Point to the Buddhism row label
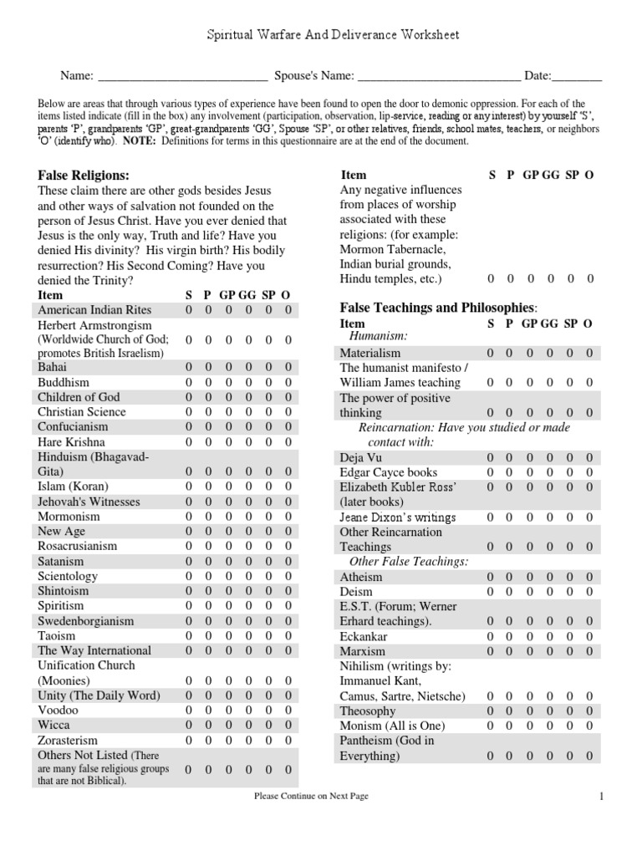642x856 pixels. [x=64, y=382]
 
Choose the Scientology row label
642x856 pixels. [x=68, y=576]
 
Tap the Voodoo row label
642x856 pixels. [x=55, y=710]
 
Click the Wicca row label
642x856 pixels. [x=53, y=725]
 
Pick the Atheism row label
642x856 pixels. [x=361, y=577]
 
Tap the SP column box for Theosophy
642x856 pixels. [x=570, y=711]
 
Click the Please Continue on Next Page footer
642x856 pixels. [x=311, y=797]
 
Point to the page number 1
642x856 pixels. [x=600, y=797]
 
